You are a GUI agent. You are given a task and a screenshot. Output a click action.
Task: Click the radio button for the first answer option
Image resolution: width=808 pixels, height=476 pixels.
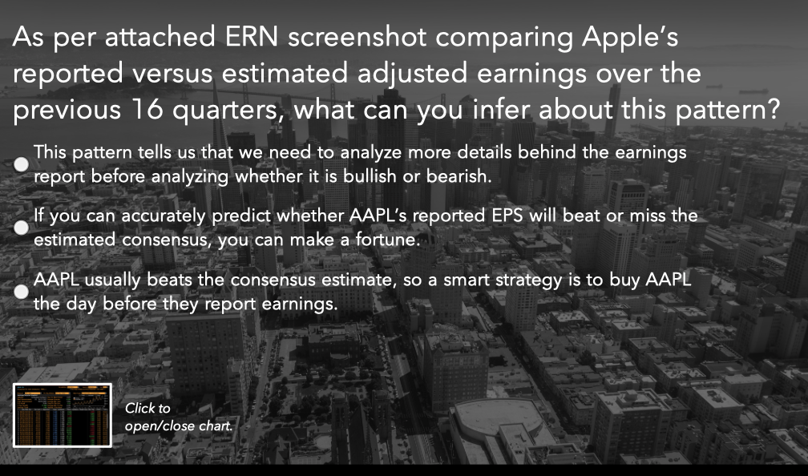click(22, 163)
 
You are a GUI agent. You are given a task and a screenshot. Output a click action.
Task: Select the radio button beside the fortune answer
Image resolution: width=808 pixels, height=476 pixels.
click(22, 228)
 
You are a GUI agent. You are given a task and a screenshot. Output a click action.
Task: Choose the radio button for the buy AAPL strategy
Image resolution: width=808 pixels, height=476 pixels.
click(22, 292)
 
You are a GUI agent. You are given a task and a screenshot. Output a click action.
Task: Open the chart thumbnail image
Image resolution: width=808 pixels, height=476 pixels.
click(63, 414)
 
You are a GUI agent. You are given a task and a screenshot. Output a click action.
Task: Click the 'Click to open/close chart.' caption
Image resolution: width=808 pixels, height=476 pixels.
click(178, 417)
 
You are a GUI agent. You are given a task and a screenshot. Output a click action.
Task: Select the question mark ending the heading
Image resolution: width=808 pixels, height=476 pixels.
click(770, 111)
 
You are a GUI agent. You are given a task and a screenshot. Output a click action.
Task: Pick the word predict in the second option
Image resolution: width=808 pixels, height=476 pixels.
click(238, 216)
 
